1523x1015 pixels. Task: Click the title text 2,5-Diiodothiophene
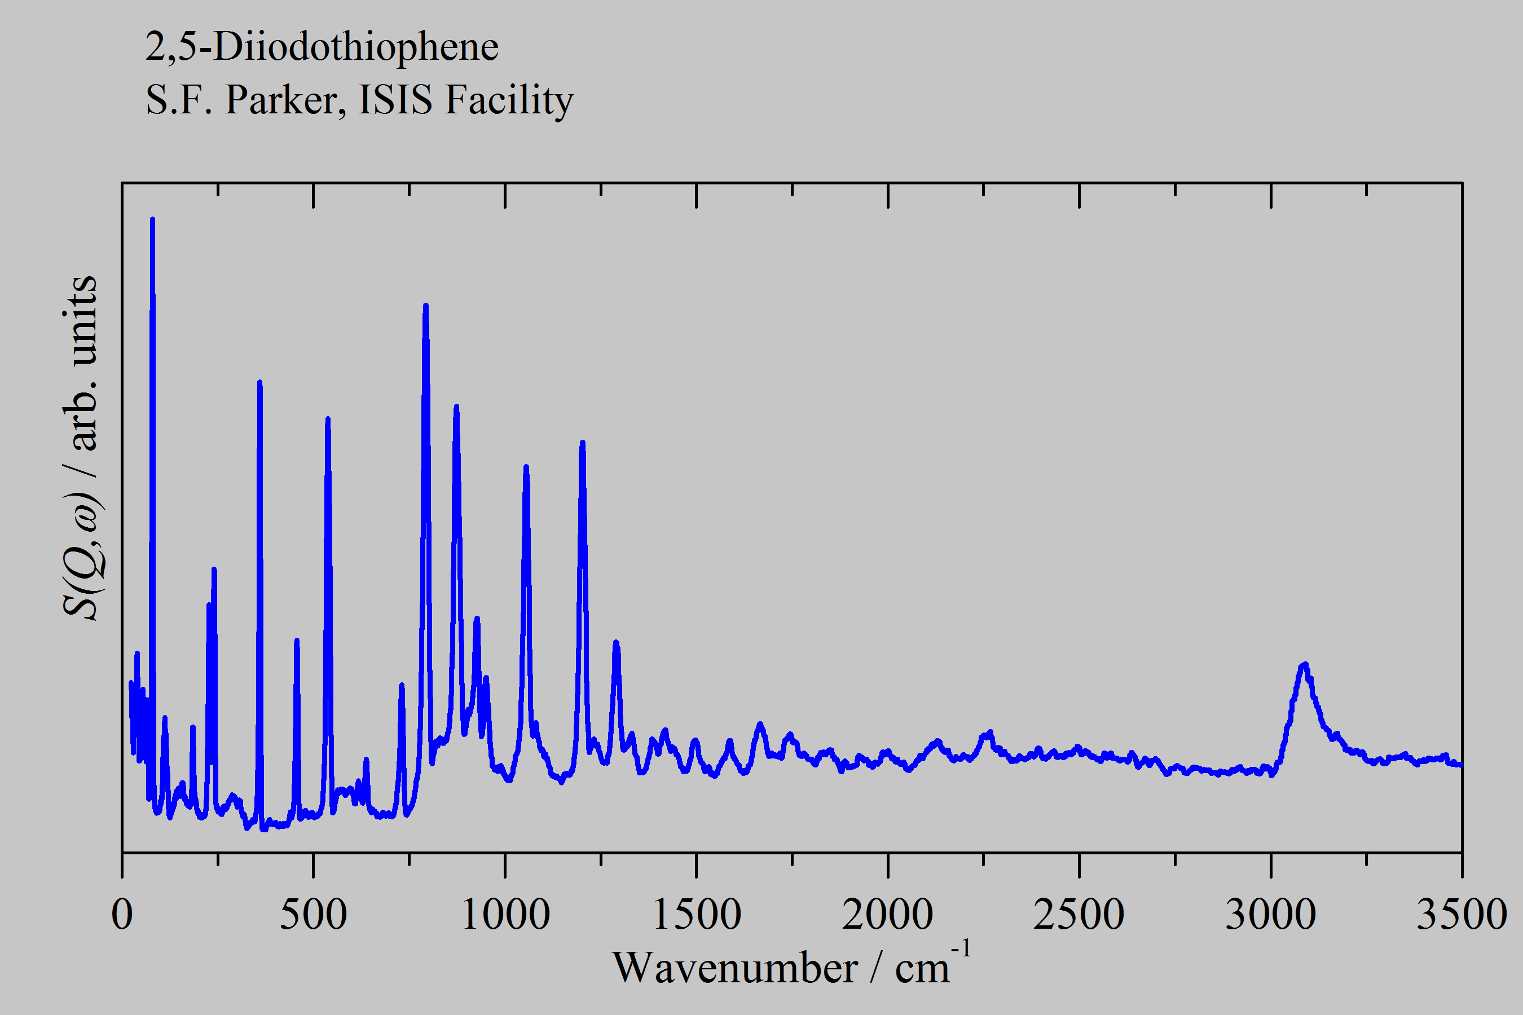point(322,47)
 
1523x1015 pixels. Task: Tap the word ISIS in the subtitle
point(395,100)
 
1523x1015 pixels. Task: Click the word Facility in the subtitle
point(509,100)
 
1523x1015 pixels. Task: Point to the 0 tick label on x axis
point(122,914)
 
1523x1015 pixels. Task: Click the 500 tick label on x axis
point(314,914)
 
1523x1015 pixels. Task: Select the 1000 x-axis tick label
point(505,914)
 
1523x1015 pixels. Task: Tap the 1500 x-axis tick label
point(697,914)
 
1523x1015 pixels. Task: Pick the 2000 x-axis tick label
point(888,914)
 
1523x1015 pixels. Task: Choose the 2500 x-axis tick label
point(1079,914)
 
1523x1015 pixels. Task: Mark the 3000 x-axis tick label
point(1270,914)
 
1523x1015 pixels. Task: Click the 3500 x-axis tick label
point(1462,914)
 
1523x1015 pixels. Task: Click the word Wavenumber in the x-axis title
point(735,968)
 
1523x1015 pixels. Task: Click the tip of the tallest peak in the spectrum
point(152,219)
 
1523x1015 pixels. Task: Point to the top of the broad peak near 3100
point(1305,665)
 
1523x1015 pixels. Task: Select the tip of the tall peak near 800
point(425,305)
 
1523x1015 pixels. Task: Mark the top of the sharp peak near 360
point(259,382)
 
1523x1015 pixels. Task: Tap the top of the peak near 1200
point(582,443)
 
